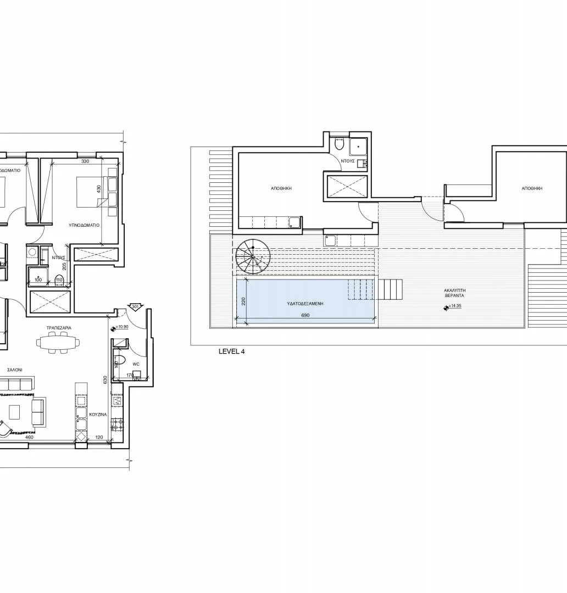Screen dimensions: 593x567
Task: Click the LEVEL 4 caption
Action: point(232,351)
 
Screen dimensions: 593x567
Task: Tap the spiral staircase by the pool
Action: point(253,257)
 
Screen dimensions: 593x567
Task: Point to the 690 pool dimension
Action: point(306,316)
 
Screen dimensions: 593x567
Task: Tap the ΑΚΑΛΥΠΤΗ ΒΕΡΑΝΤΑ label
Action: point(455,292)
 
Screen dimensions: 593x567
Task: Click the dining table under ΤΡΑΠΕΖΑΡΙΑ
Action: point(58,343)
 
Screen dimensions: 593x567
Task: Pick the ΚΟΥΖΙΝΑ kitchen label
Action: point(98,415)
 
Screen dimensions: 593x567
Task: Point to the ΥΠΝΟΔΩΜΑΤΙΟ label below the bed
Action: point(84,225)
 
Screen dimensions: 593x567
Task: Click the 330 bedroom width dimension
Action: point(85,161)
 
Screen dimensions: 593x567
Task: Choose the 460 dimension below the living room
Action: point(30,437)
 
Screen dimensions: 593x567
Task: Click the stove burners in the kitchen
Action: point(116,424)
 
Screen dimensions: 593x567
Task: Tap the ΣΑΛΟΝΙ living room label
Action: point(14,371)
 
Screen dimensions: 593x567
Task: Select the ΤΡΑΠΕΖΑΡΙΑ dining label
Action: point(59,327)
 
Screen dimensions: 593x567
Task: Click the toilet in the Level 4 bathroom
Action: point(340,144)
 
